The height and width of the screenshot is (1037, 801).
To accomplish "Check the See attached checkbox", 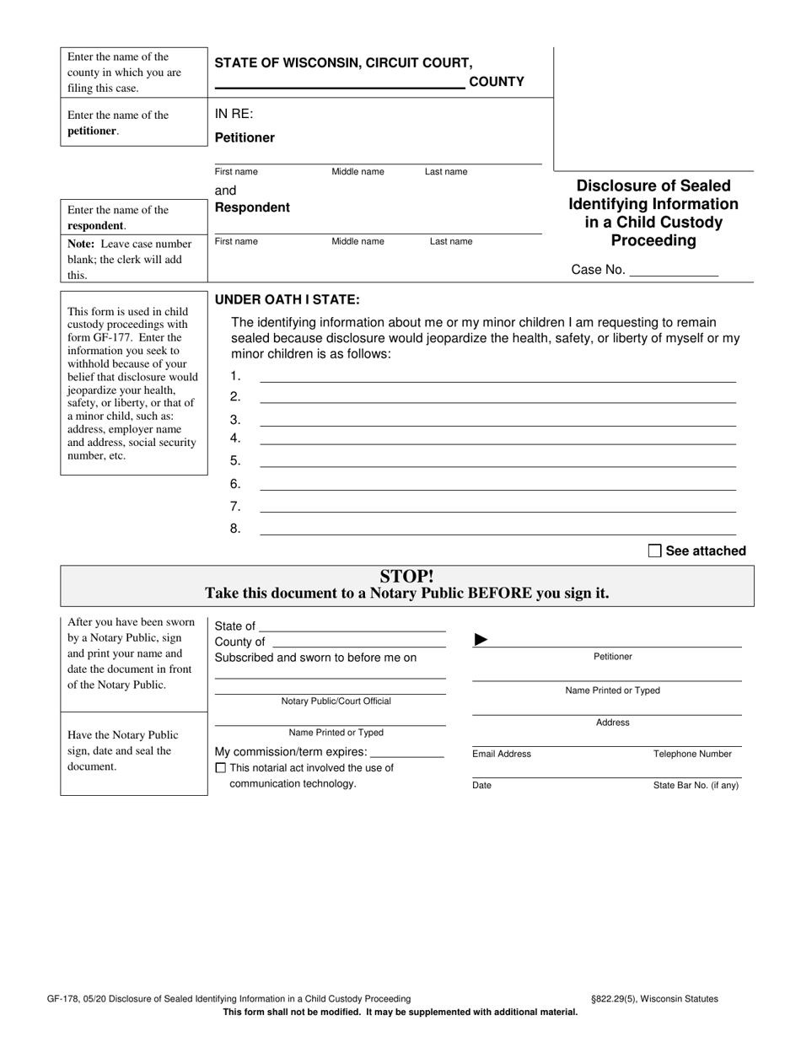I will coord(654,551).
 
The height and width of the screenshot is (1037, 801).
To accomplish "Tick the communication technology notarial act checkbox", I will coord(221,768).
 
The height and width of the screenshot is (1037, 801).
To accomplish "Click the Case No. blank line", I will coord(674,272).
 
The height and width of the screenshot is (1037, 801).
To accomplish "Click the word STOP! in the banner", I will coord(406,577).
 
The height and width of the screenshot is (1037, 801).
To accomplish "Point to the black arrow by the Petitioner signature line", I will coord(481,640).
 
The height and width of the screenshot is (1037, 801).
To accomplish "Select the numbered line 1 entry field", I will coord(497,377).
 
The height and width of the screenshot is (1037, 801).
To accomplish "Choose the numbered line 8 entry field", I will coord(497,529).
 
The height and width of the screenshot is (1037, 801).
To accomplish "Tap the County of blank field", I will coord(357,642).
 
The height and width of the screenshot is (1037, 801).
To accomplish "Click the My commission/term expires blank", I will coord(406,753).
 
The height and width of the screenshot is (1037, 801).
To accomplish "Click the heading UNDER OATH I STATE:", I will coord(288,299).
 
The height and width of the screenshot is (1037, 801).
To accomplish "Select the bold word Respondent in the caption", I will coord(252,207).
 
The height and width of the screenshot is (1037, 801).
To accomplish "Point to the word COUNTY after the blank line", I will coord(496,82).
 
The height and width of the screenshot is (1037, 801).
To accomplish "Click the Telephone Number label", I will coord(692,754).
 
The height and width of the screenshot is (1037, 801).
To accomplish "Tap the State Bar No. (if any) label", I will coord(696,785).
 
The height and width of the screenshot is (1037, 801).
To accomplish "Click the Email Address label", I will coord(502,754).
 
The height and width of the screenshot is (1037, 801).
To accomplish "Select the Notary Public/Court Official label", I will coord(336,701).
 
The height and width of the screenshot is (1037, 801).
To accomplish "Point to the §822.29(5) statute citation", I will coord(621,998).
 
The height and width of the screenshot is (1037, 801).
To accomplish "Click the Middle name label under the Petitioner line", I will coord(357,171).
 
